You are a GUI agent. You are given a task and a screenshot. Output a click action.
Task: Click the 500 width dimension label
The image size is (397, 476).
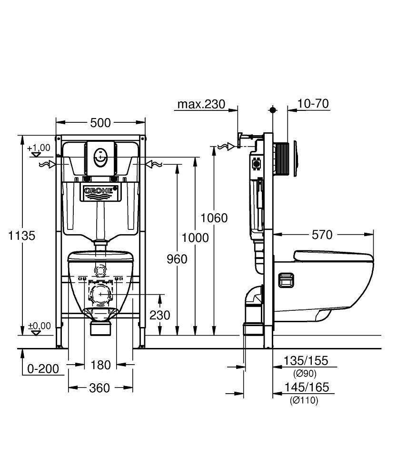coord(100,123)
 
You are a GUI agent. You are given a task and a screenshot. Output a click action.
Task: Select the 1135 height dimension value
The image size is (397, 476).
coord(21,236)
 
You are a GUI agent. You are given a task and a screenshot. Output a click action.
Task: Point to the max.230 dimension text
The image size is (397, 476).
coord(201,104)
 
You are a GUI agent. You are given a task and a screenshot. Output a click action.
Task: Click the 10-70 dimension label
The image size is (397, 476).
coord(313,103)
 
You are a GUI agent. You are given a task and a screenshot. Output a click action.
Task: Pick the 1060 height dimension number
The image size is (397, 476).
coord(214,218)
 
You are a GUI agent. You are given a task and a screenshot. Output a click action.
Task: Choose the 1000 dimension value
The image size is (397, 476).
coord(195,238)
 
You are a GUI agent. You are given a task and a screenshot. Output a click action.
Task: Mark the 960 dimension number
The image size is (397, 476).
coord(177,259)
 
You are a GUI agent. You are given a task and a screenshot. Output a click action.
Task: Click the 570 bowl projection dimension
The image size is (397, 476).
coord(322,235)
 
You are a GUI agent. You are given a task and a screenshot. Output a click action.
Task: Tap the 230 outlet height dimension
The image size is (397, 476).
coord(159,315)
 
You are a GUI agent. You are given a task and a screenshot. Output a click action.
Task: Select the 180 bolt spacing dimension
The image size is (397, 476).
coord(100,365)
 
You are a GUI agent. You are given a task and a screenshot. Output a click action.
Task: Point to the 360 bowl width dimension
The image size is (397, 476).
coord(99,388)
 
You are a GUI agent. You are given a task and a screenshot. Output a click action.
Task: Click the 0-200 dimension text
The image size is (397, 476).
coord(43,369)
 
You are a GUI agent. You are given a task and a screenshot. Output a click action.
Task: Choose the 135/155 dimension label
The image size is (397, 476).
coord(306,361)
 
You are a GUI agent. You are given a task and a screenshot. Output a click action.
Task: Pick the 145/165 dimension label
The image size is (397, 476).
coord(307,387)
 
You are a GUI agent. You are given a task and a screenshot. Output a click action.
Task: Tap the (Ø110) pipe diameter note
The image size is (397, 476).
coord(304,401)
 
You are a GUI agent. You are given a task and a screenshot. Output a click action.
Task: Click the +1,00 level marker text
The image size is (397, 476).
coord(39,148)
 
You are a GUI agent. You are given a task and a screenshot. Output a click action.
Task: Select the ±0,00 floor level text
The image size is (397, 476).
coord(40,326)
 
